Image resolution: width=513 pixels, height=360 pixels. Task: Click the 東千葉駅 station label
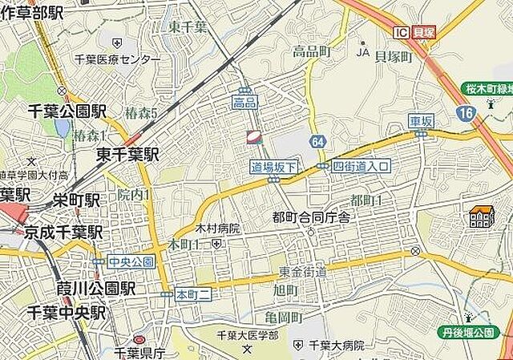127,154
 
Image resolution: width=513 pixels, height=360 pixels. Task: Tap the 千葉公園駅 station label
67,111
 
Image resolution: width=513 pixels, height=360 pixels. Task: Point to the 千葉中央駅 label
66,312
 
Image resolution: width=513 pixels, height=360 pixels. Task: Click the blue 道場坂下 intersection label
274,167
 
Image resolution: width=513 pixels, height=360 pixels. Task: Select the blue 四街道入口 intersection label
362,166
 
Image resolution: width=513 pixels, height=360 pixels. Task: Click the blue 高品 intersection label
244,102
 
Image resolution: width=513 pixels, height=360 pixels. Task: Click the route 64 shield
319,142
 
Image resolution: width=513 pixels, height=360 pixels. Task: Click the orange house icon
482,216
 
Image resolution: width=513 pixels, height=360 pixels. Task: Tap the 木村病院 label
217,229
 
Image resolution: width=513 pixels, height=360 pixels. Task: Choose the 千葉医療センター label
117,59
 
